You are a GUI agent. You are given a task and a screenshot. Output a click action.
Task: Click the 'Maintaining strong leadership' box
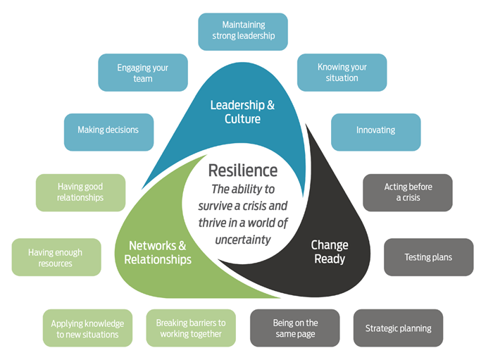point(243,31)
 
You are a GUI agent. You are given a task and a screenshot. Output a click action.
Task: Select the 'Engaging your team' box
point(143,73)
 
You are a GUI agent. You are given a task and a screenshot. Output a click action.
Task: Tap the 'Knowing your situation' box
point(342,73)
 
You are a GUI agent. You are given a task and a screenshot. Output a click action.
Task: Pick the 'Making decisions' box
point(108,130)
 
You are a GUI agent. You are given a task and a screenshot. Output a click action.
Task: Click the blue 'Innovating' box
point(375,130)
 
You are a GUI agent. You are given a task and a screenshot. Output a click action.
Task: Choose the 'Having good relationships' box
point(80,192)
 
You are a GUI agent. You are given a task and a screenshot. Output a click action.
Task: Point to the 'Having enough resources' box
point(56,257)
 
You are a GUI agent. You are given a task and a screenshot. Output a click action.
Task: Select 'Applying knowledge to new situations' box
point(87,328)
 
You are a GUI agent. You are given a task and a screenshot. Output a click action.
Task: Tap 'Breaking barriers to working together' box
point(190,328)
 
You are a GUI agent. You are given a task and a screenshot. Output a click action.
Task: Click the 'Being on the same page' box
point(295,328)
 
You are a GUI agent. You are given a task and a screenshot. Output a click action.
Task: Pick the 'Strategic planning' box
point(398,328)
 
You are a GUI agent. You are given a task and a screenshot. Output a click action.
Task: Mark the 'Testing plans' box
point(428,257)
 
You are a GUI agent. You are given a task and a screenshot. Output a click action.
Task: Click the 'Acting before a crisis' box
point(408,192)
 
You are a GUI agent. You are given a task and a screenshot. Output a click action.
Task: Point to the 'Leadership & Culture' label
point(242,113)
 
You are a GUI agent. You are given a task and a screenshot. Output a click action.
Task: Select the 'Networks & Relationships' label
point(158,253)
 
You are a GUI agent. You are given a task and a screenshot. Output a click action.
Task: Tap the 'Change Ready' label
point(330,252)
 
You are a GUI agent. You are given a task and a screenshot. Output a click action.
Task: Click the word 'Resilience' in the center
point(243,170)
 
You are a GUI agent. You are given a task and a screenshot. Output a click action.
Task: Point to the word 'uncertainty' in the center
point(242,240)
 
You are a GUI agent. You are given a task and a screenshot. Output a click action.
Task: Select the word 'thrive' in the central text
point(215,223)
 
